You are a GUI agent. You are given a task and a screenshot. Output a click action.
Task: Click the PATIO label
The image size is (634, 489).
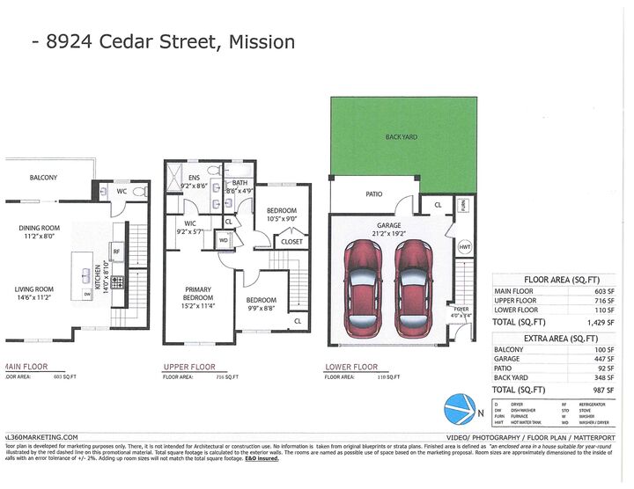click(373, 193)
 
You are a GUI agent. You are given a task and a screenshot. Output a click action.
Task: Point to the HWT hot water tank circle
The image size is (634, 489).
click(465, 249)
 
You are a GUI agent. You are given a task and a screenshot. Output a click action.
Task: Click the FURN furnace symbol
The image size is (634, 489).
click(464, 205)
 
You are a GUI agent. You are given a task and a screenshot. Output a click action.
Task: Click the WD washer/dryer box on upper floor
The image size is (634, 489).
click(224, 239)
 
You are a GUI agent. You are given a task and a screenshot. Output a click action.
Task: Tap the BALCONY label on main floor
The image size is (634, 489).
click(43, 178)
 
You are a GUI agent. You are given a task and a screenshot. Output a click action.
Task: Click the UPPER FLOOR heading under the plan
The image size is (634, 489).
click(189, 367)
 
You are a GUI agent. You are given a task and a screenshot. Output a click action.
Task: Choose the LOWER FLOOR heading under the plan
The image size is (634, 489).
click(351, 367)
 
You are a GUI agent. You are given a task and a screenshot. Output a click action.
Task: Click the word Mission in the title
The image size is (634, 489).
click(262, 41)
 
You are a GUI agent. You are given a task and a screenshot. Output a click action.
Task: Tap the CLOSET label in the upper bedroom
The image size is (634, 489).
click(291, 241)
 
